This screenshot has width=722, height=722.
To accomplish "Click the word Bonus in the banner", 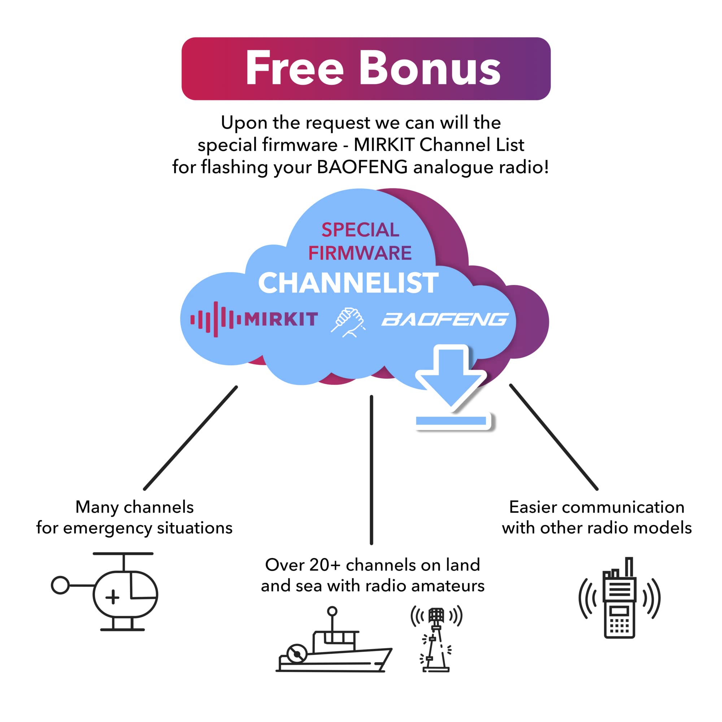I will click(x=430, y=68).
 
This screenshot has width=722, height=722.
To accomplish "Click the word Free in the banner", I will click(x=294, y=68).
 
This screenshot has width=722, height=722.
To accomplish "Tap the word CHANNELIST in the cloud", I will click(x=348, y=283).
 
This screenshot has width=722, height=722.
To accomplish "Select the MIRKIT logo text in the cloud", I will click(x=281, y=319).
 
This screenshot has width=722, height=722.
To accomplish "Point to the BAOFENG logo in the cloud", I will click(x=445, y=319).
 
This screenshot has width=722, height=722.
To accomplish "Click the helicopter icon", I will click(x=112, y=594).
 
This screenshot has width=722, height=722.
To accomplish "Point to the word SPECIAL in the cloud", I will click(x=360, y=230).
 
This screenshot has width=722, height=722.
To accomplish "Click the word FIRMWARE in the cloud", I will click(x=360, y=253).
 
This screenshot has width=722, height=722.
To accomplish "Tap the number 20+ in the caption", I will click(x=325, y=565).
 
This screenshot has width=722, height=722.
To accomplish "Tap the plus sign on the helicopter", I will click(x=113, y=597).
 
